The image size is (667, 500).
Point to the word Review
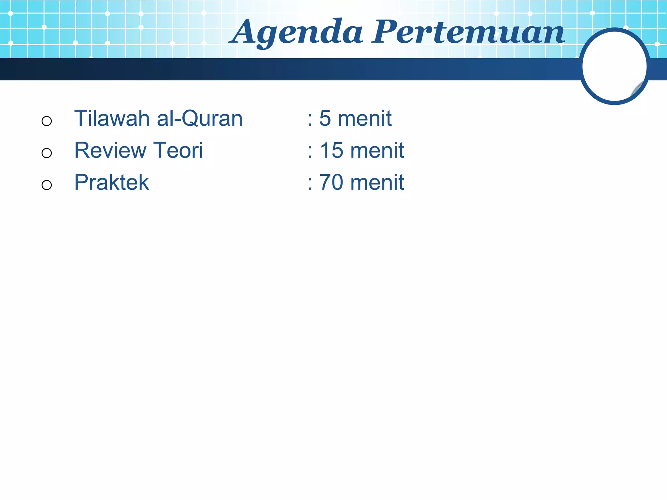[x=110, y=150]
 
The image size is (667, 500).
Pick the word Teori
[x=178, y=150]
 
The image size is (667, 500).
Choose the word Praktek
[x=111, y=182]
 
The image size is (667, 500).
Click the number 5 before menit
[x=325, y=118]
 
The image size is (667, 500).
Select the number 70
[x=331, y=182]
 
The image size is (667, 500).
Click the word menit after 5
[x=364, y=118]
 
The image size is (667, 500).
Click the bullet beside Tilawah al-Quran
[x=47, y=121]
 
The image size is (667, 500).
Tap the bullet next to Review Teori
[x=47, y=153]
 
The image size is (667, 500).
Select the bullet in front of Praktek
[x=47, y=185]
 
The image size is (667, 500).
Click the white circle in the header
[x=614, y=66]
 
